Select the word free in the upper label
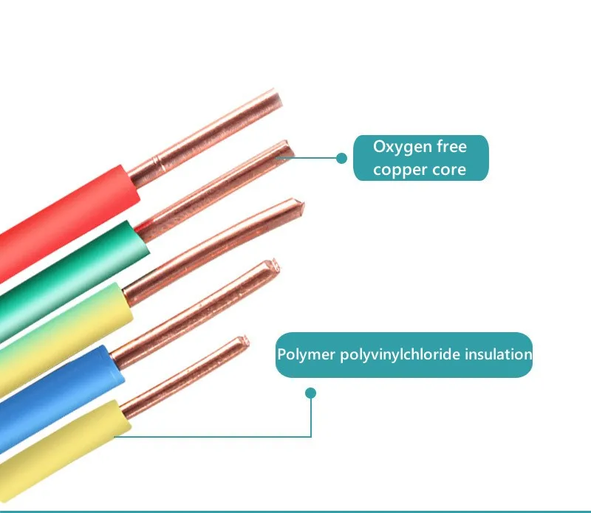pyautogui.click(x=452, y=146)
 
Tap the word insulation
pyautogui.click(x=498, y=354)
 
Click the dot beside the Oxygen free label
pyautogui.click(x=341, y=158)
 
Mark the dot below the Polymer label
pyautogui.click(x=311, y=393)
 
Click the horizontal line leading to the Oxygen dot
pyautogui.click(x=310, y=158)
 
